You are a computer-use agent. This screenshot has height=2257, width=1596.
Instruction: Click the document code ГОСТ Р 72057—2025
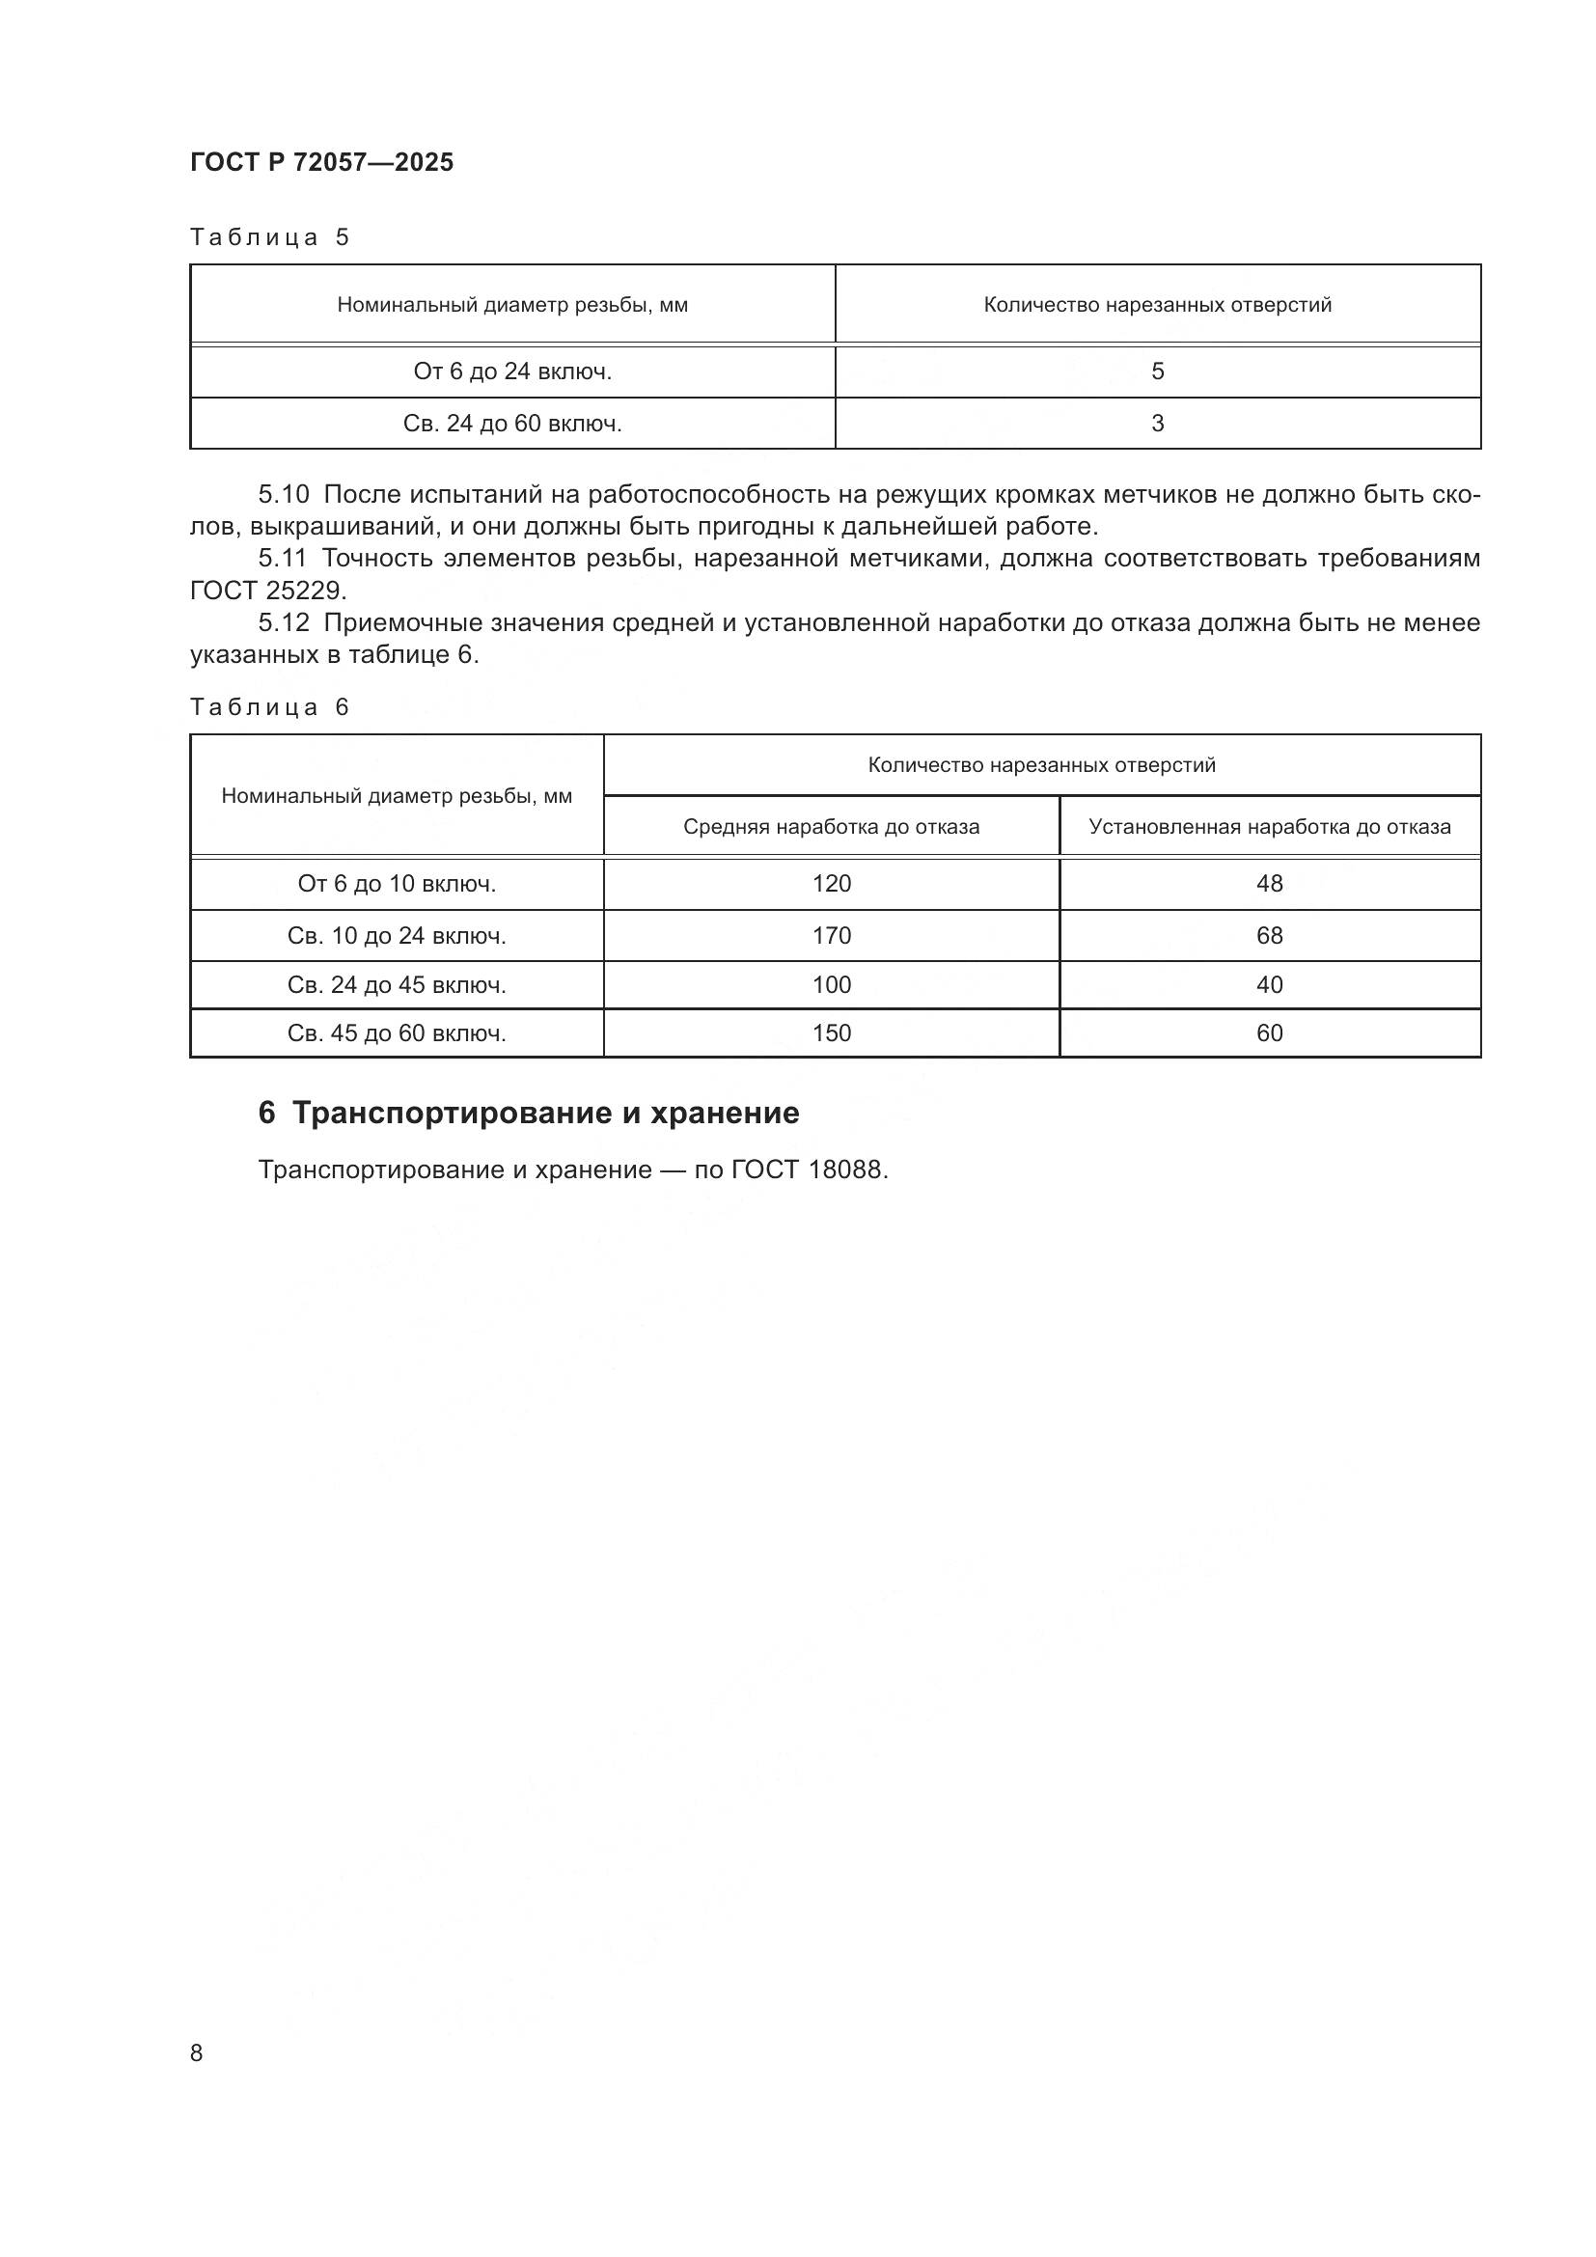321,162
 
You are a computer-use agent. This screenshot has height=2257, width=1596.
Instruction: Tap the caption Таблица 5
269,237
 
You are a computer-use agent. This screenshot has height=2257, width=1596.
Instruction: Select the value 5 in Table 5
1157,371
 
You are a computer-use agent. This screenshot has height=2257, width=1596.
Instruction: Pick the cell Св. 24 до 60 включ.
512,424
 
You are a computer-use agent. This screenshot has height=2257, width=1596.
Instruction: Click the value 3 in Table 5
1157,424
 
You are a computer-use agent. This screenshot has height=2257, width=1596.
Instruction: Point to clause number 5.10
283,493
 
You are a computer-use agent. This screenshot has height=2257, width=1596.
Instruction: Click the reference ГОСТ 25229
267,590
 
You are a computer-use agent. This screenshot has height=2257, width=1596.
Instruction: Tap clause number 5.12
283,622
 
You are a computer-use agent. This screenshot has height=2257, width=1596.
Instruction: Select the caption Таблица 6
269,706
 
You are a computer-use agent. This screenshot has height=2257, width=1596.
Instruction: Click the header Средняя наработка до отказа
831,826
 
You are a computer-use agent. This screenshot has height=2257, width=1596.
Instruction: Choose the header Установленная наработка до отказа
1269,826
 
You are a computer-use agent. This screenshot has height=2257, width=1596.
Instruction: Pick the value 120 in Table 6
831,883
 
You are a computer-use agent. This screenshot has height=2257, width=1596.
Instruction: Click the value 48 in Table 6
1269,883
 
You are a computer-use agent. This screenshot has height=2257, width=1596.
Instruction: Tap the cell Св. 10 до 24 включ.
396,935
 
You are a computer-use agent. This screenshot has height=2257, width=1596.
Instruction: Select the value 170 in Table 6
831,935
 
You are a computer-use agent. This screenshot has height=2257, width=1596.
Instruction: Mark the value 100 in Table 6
831,984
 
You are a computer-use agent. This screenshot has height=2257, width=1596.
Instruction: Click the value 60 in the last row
1269,1032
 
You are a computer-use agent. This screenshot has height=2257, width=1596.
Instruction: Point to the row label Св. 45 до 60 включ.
396,1032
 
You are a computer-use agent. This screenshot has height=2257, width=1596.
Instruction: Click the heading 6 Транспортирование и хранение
529,1113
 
